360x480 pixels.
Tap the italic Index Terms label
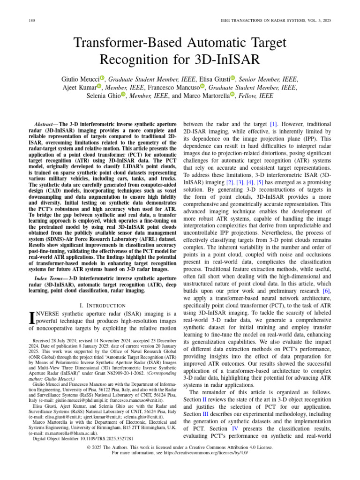(48, 278)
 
